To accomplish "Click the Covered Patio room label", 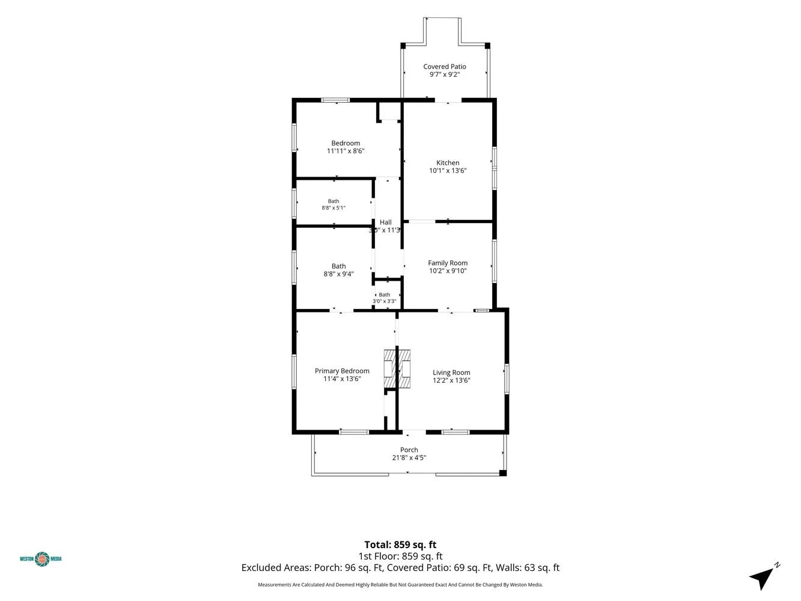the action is pyautogui.click(x=445, y=67).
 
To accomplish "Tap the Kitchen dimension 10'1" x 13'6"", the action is pyautogui.click(x=448, y=171).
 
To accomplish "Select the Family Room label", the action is pyautogui.click(x=448, y=263).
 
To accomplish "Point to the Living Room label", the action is pyautogui.click(x=451, y=373).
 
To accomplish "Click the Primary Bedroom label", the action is pyautogui.click(x=342, y=371).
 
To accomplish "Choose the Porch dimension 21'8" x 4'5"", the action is pyautogui.click(x=409, y=457).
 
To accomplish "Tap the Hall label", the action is pyautogui.click(x=386, y=222).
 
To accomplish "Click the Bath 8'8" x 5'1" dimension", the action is pyautogui.click(x=333, y=208).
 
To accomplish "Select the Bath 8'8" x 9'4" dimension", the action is pyautogui.click(x=339, y=274).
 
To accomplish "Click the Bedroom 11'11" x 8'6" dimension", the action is pyautogui.click(x=346, y=151).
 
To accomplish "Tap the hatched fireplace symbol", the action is pyautogui.click(x=397, y=368).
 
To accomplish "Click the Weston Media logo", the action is pyautogui.click(x=41, y=559).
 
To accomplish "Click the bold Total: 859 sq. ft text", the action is pyautogui.click(x=400, y=545).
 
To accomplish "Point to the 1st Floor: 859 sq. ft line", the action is pyautogui.click(x=400, y=557).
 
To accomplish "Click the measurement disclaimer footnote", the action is pyautogui.click(x=400, y=585).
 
